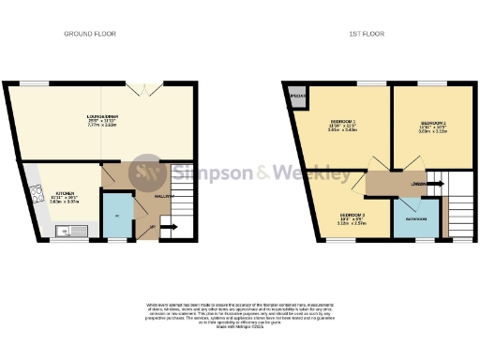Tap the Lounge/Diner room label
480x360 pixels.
click(102, 118)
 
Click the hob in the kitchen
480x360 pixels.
click(38, 195)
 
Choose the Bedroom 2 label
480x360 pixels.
click(432, 125)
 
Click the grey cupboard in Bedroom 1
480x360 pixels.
click(298, 97)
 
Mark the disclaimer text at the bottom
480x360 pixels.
click(239, 315)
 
